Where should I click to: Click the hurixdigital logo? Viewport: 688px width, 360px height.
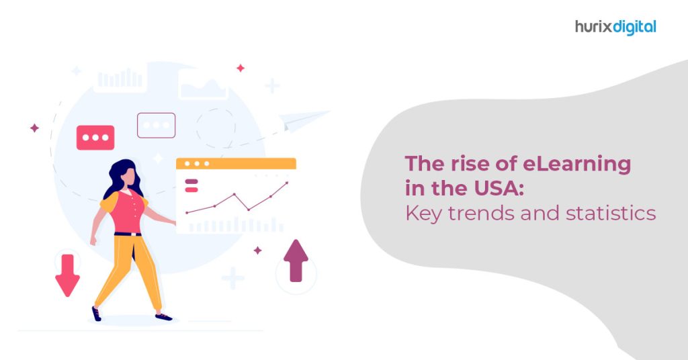click(x=615, y=27)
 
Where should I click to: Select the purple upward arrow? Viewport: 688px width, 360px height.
click(x=296, y=260)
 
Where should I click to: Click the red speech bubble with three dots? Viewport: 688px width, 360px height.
click(x=95, y=138)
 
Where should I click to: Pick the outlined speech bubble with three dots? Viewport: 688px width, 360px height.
click(x=156, y=125)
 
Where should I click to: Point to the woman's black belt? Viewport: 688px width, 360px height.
click(x=128, y=234)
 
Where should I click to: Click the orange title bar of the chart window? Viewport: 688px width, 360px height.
click(x=236, y=163)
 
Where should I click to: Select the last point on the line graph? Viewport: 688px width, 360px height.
click(x=287, y=182)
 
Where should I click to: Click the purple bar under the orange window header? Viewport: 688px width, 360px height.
click(x=190, y=181)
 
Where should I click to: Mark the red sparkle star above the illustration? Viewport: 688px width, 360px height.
click(x=241, y=68)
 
